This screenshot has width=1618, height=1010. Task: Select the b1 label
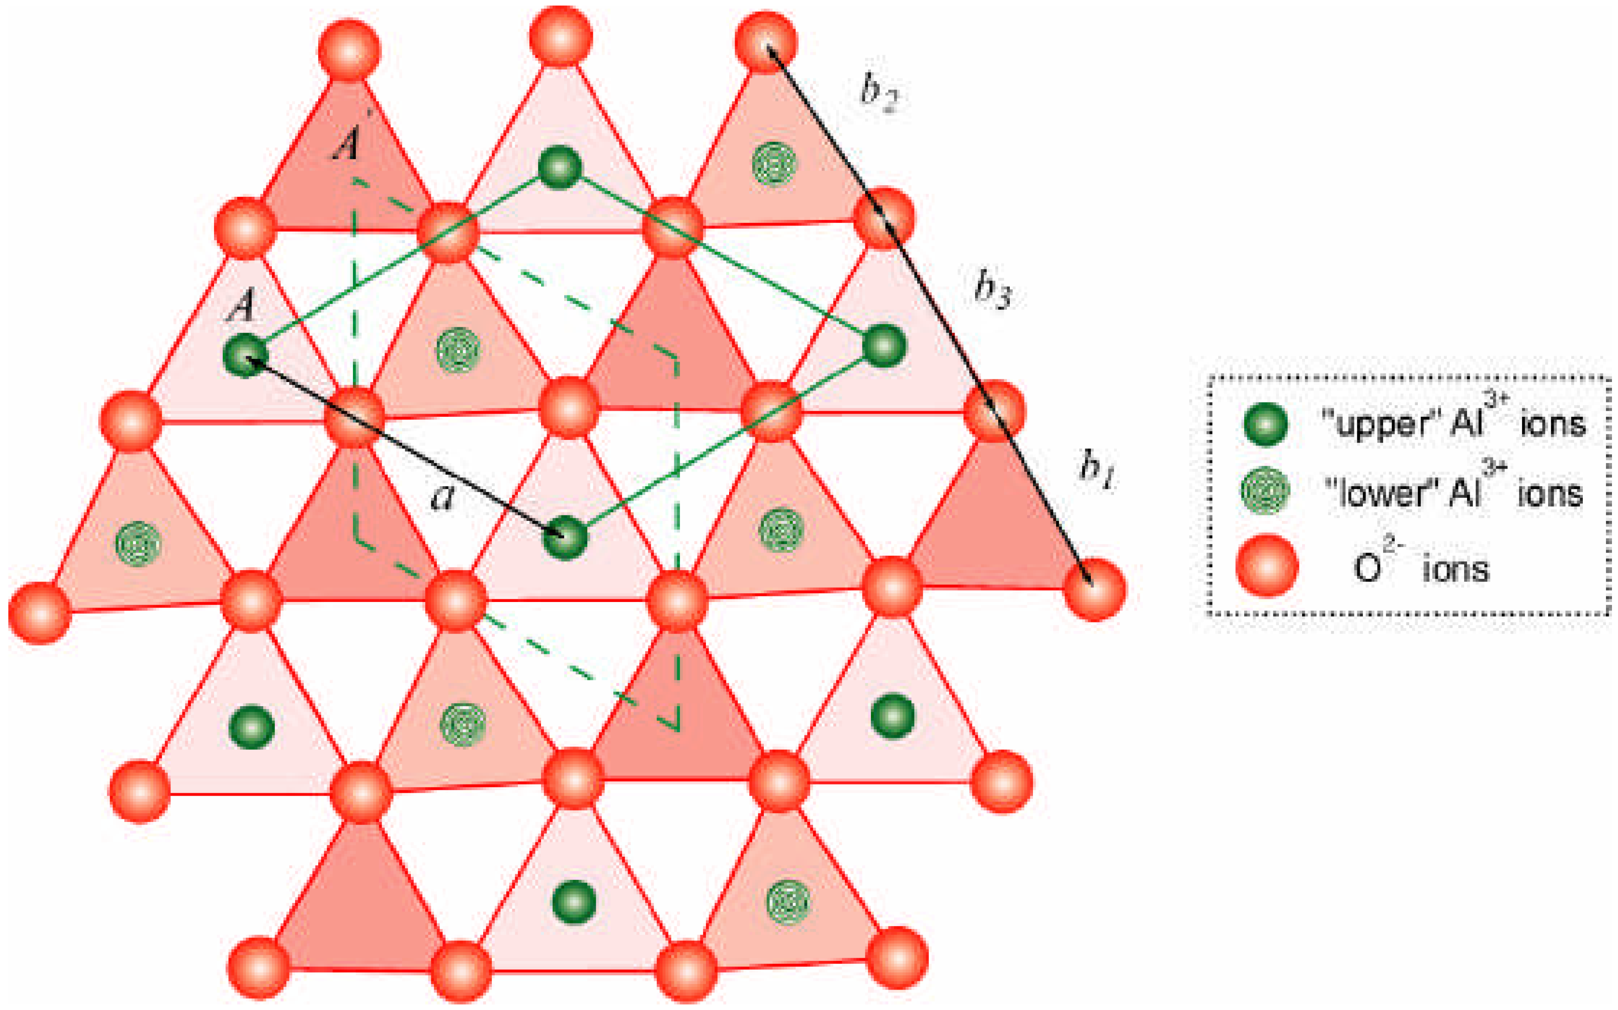[x=1095, y=468]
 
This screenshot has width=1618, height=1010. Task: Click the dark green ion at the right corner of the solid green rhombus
[x=884, y=345]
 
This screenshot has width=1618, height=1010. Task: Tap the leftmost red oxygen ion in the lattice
[x=39, y=613]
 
